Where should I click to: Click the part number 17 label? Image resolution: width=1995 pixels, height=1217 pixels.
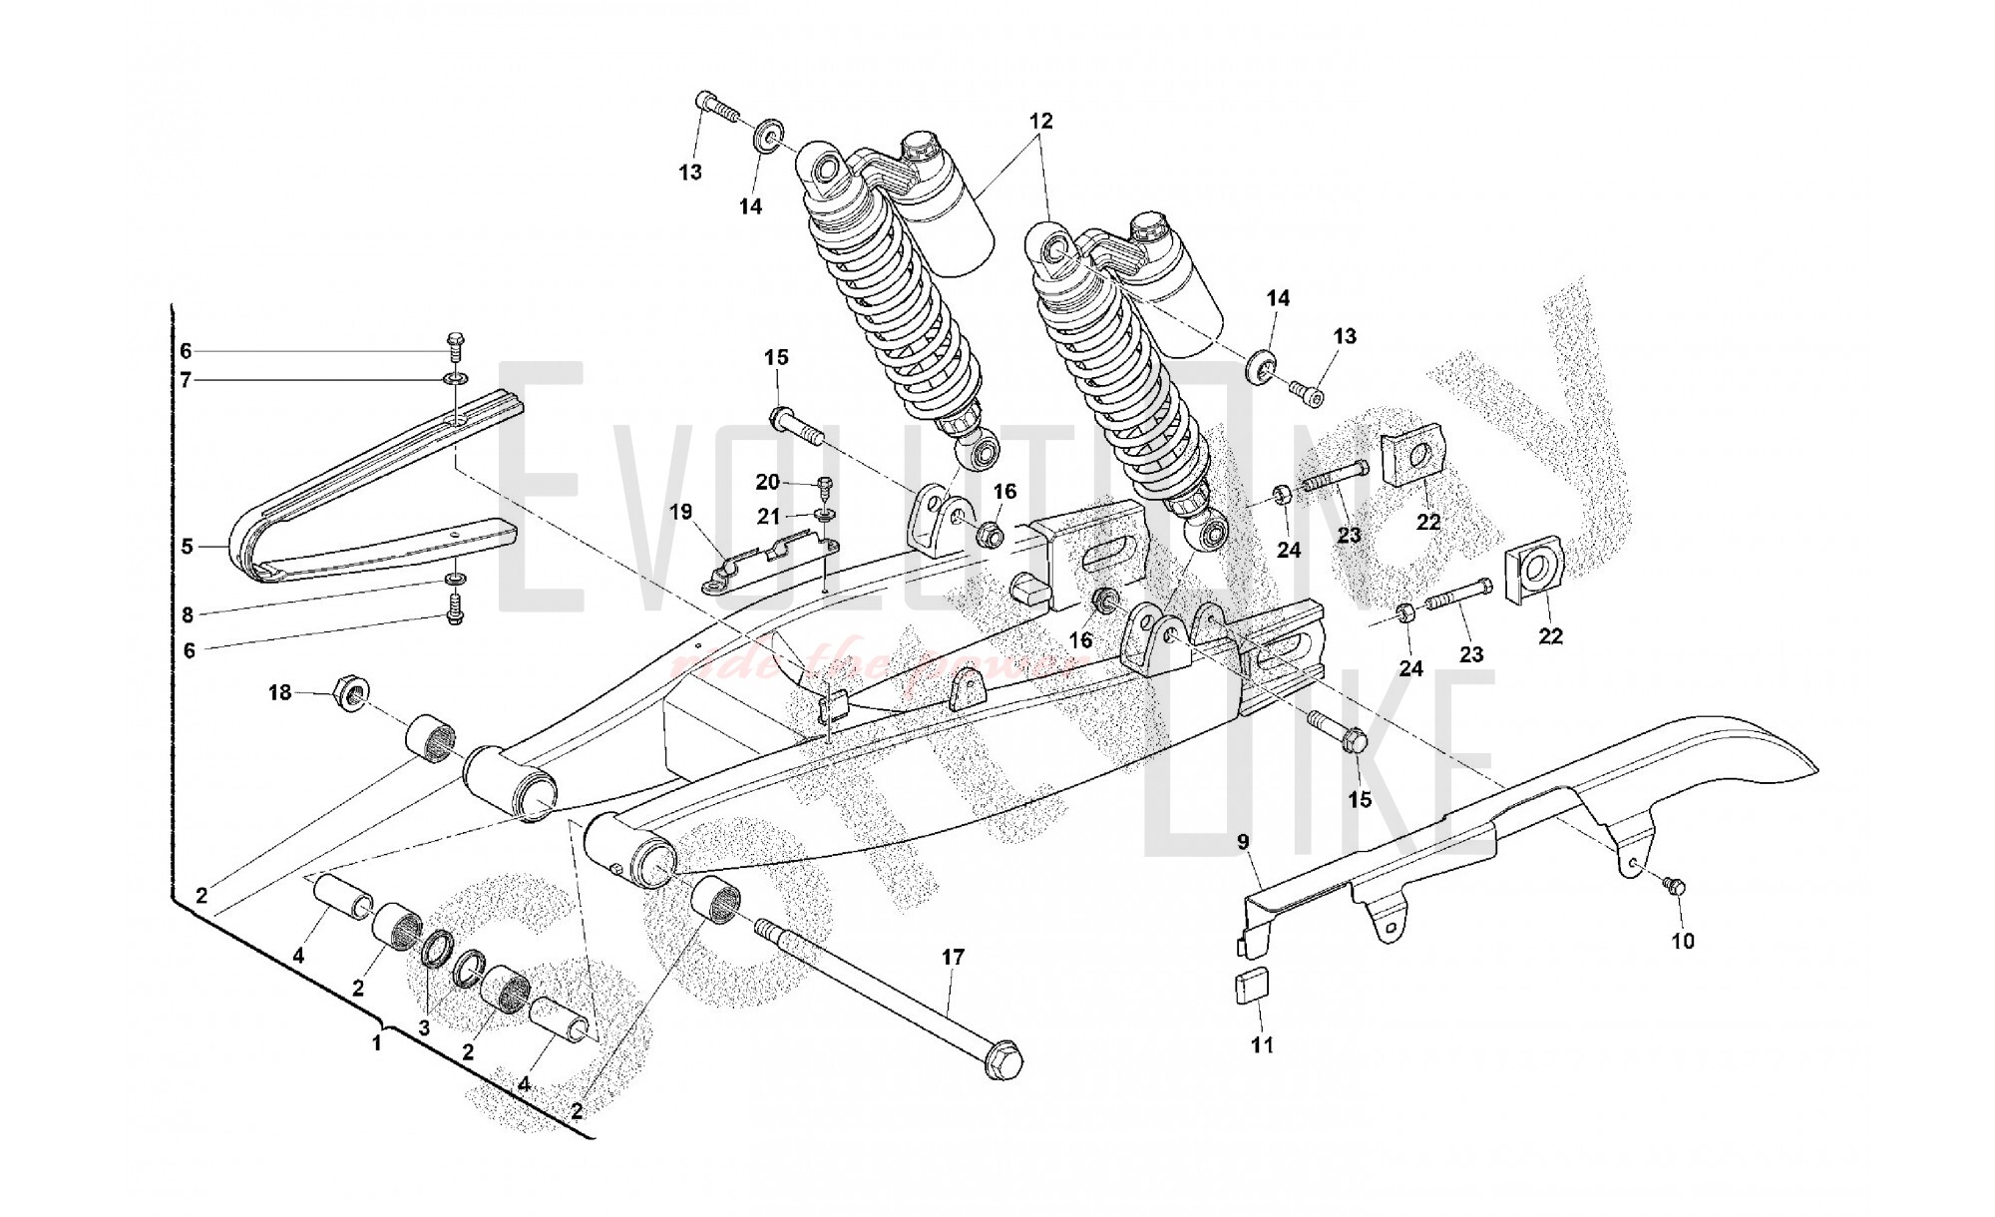[x=953, y=958]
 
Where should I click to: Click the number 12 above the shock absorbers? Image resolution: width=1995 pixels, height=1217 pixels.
[x=1040, y=121]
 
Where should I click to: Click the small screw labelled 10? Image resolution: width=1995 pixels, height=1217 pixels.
[x=1673, y=884]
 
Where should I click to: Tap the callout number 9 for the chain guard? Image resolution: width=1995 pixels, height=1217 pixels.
[x=1243, y=842]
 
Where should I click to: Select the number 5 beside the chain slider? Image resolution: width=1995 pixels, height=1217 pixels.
[x=188, y=547]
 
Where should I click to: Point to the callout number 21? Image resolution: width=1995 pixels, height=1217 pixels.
[x=768, y=518]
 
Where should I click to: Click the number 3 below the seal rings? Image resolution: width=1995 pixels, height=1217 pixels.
[x=424, y=1026]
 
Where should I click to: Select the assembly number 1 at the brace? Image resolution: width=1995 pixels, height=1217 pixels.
[x=376, y=1044]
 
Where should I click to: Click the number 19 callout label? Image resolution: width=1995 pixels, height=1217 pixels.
[x=680, y=513]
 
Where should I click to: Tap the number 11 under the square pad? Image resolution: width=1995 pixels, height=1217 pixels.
[x=1262, y=1045]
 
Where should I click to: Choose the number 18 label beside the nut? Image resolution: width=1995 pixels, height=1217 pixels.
[x=279, y=691]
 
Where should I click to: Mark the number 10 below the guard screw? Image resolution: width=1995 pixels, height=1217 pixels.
[x=1683, y=940]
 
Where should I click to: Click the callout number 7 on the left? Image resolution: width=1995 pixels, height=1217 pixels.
[x=187, y=380]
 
